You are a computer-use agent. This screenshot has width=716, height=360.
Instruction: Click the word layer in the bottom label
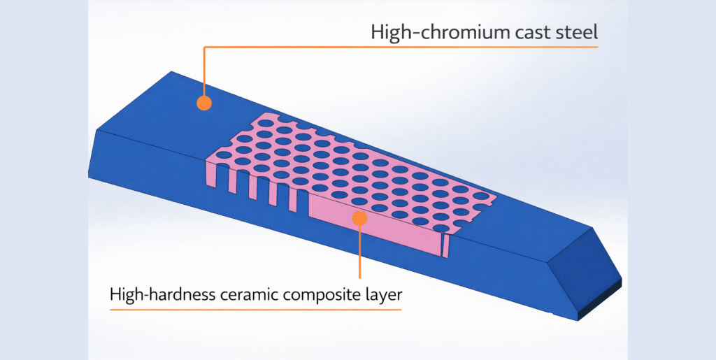coord(384,294)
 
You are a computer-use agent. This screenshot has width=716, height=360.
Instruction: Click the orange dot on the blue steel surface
coord(203,103)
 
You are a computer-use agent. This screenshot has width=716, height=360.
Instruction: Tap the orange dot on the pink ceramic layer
coord(359,218)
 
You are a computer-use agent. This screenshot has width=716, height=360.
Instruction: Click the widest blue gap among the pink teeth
coord(303,203)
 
